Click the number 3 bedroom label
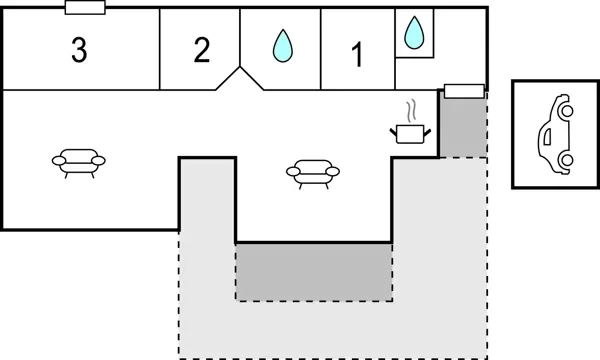(x=78, y=50)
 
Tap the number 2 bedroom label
(x=202, y=50)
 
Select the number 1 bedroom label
(x=357, y=56)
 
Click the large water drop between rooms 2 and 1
(x=284, y=44)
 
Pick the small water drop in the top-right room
(x=414, y=34)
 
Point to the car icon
(x=555, y=134)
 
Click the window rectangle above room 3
(x=85, y=8)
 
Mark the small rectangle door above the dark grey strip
(x=464, y=92)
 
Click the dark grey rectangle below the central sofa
(x=313, y=271)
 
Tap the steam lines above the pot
(x=410, y=109)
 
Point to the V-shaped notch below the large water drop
(x=240, y=79)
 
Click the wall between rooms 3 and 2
(x=160, y=50)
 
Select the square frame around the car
(x=513, y=134)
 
